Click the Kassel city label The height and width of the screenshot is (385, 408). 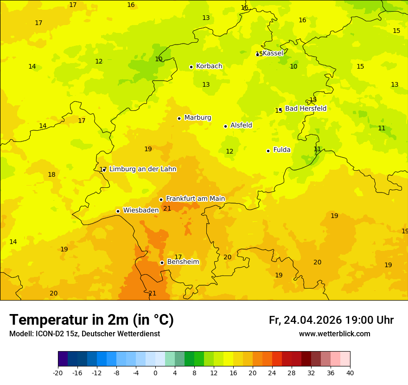273,53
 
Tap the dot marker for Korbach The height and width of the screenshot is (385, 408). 191,67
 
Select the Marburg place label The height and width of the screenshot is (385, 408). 198,118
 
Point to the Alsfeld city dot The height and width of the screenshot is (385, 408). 226,126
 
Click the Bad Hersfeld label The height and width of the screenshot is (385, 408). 306,109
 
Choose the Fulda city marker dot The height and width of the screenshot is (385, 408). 268,151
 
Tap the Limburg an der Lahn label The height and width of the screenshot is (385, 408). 142,169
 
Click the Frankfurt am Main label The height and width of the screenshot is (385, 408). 195,199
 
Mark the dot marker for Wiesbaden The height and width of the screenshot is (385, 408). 118,211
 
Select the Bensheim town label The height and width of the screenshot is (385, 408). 183,262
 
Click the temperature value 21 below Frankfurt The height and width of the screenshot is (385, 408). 167,209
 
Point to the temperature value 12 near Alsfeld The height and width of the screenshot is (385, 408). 229,152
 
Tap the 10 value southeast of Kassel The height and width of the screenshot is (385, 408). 293,67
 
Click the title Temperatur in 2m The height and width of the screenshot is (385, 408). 91,320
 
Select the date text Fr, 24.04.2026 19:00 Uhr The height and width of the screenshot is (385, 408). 331,320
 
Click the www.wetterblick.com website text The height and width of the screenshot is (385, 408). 334,334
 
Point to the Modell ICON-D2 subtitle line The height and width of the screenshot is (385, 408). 84,334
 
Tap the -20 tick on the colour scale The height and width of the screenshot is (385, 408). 58,373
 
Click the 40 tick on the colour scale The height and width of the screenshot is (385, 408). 350,373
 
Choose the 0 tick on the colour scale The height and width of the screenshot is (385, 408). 155,373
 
